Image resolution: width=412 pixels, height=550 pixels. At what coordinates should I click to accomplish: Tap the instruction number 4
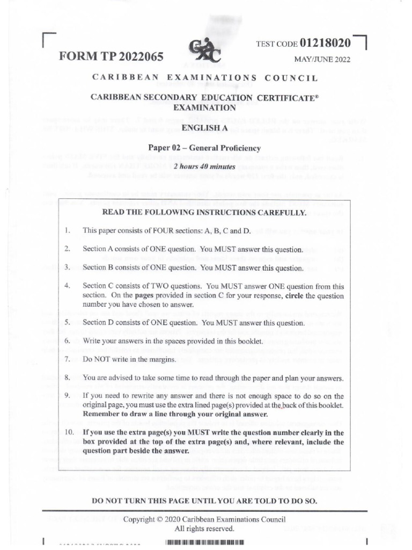coord(68,286)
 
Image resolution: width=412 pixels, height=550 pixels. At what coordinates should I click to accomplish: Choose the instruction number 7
coord(68,359)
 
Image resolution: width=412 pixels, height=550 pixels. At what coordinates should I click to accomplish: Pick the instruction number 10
coord(69,432)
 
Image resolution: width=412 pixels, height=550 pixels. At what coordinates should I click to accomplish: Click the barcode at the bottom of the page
coord(205,542)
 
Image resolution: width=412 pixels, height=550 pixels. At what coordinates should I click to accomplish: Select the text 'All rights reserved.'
coord(204,529)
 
